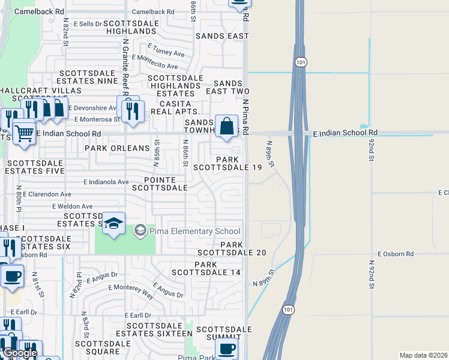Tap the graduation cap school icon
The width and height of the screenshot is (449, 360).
tap(113, 224)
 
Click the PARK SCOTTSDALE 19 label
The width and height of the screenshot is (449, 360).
tap(239, 164)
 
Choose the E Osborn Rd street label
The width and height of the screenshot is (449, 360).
tap(396, 254)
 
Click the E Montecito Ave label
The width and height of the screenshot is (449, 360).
tap(155, 62)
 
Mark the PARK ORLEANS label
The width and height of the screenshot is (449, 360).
tap(117, 148)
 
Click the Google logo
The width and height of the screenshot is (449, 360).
tap(19, 353)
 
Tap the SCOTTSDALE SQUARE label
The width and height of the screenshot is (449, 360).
tap(103, 348)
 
